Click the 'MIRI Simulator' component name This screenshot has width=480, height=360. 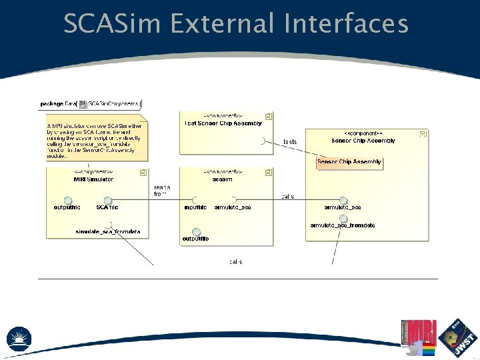pyautogui.click(x=93, y=179)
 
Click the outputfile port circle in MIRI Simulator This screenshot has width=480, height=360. pyautogui.click(x=67, y=200)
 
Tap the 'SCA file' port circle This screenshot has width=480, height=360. pyautogui.click(x=107, y=200)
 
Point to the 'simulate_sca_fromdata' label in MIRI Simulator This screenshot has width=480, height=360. pyautogui.click(x=108, y=231)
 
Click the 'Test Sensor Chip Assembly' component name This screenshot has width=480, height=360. pyautogui.click(x=223, y=123)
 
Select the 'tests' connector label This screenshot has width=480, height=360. pyautogui.click(x=290, y=142)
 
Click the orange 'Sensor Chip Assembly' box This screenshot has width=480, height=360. pyautogui.click(x=349, y=162)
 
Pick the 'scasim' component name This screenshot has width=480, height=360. pyautogui.click(x=223, y=179)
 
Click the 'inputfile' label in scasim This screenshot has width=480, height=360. pyautogui.click(x=196, y=208)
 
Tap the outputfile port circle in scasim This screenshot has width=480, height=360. pyautogui.click(x=195, y=231)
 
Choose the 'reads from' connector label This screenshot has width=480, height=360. pyautogui.click(x=161, y=191)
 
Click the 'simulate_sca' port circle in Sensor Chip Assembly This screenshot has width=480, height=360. pyautogui.click(x=343, y=200)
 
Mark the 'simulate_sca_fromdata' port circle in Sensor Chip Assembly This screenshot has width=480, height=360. pyautogui.click(x=343, y=218)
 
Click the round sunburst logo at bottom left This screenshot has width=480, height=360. pyautogui.click(x=19, y=339)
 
